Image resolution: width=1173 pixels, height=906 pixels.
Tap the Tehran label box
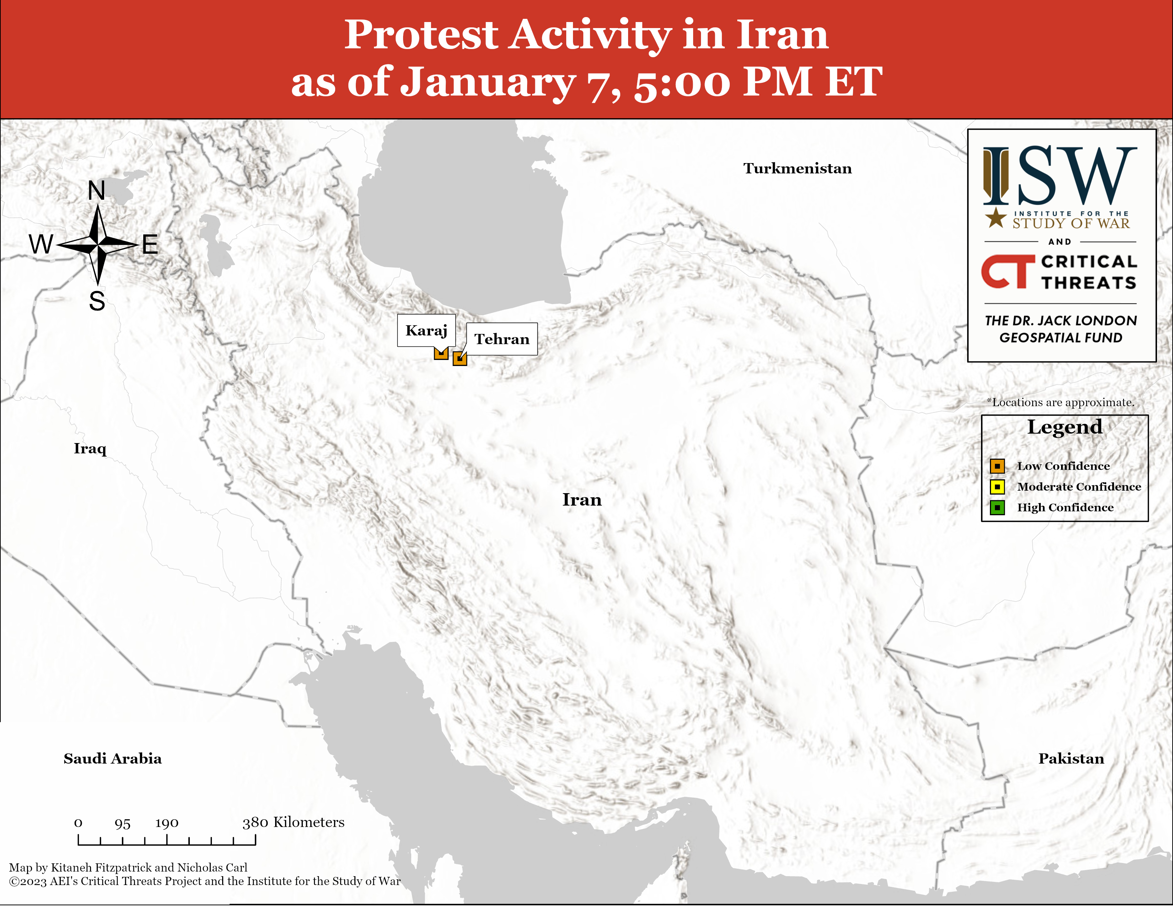click(502, 339)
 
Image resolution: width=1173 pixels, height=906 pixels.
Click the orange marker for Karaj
click(441, 353)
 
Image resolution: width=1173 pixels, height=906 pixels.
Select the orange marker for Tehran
click(460, 358)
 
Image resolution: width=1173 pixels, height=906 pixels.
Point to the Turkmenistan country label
click(798, 168)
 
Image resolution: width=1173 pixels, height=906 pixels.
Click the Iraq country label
click(90, 449)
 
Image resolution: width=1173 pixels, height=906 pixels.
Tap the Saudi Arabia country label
click(113, 759)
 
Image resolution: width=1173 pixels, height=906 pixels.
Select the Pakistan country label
click(1071, 759)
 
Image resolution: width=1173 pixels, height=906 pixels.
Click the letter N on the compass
click(97, 190)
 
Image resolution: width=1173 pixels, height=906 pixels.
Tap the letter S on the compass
click(97, 301)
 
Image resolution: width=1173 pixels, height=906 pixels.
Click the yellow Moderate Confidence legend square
click(997, 487)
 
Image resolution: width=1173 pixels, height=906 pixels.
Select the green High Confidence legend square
click(997, 507)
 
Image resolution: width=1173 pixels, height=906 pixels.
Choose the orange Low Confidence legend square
click(997, 466)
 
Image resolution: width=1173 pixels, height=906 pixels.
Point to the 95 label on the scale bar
click(123, 823)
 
